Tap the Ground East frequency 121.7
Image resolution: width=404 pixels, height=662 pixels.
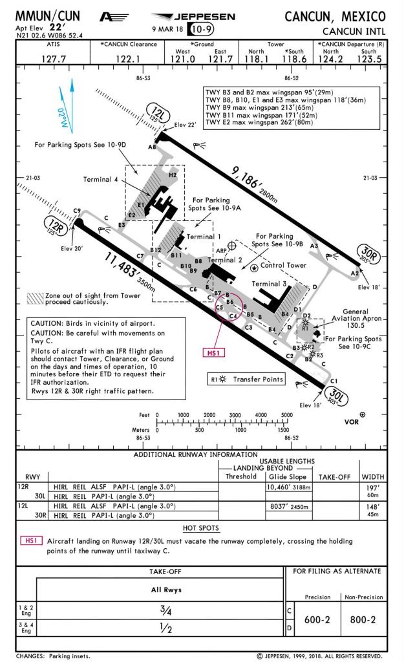click(220, 59)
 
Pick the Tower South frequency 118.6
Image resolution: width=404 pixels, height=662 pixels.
click(293, 59)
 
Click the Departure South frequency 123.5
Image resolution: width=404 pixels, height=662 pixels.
click(369, 59)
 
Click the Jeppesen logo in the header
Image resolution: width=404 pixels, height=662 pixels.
click(193, 16)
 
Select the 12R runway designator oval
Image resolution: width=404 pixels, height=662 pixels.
click(54, 226)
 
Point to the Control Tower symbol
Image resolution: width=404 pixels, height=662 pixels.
click(255, 266)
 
